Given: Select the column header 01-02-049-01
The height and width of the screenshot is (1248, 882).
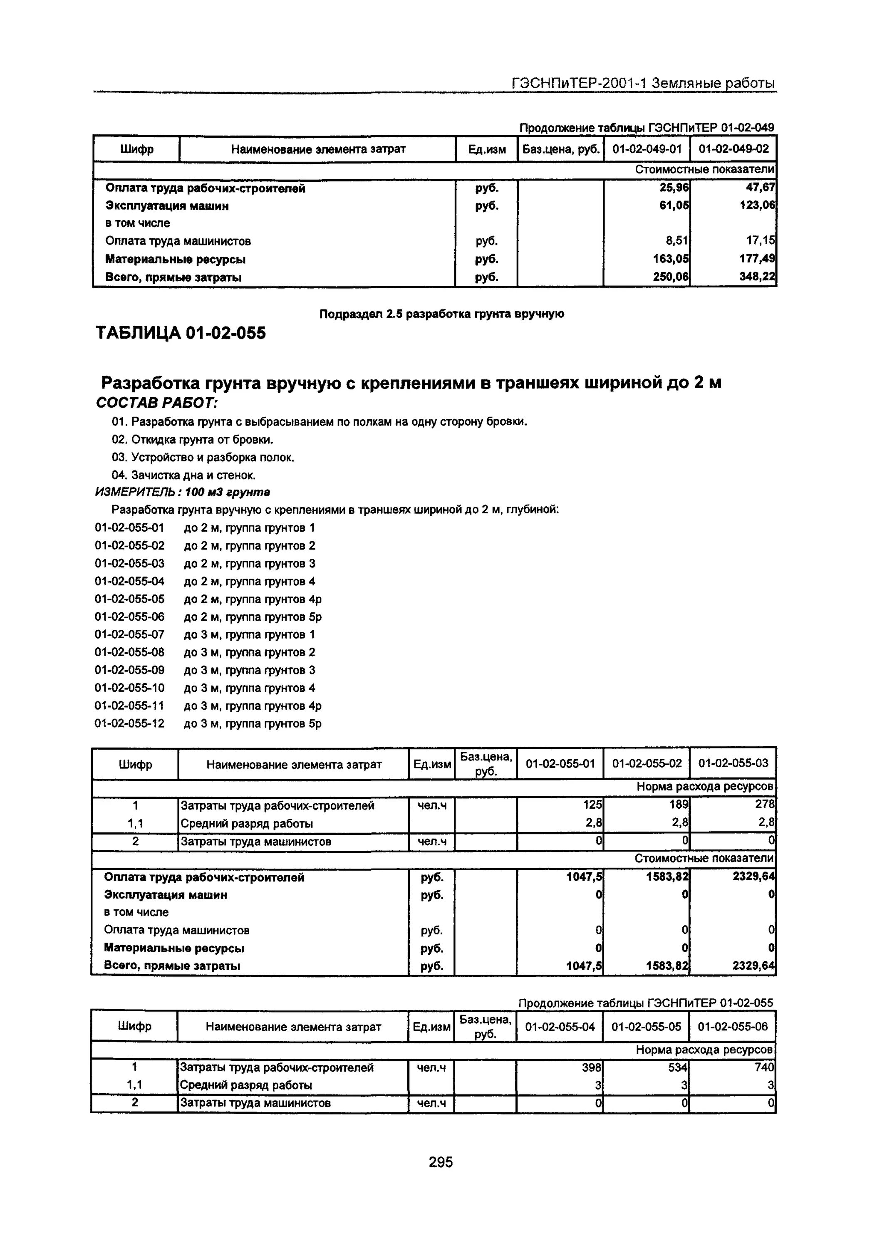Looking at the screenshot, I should (647, 149).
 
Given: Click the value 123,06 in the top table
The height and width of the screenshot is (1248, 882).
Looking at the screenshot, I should (757, 206).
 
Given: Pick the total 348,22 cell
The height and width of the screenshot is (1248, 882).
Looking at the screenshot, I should (757, 277).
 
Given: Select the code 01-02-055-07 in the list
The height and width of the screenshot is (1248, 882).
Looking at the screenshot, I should (129, 634).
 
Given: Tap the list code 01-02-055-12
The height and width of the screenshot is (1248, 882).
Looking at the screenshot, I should (129, 723).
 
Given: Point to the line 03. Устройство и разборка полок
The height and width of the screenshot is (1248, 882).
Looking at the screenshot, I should (203, 458).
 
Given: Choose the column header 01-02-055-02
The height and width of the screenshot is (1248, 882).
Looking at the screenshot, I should (647, 763).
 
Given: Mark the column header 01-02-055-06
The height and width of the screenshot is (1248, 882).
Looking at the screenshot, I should (733, 1026).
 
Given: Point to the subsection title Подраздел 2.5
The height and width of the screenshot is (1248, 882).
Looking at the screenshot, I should (441, 314).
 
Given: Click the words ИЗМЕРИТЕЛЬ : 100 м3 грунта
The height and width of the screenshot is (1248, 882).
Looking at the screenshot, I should (183, 492).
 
